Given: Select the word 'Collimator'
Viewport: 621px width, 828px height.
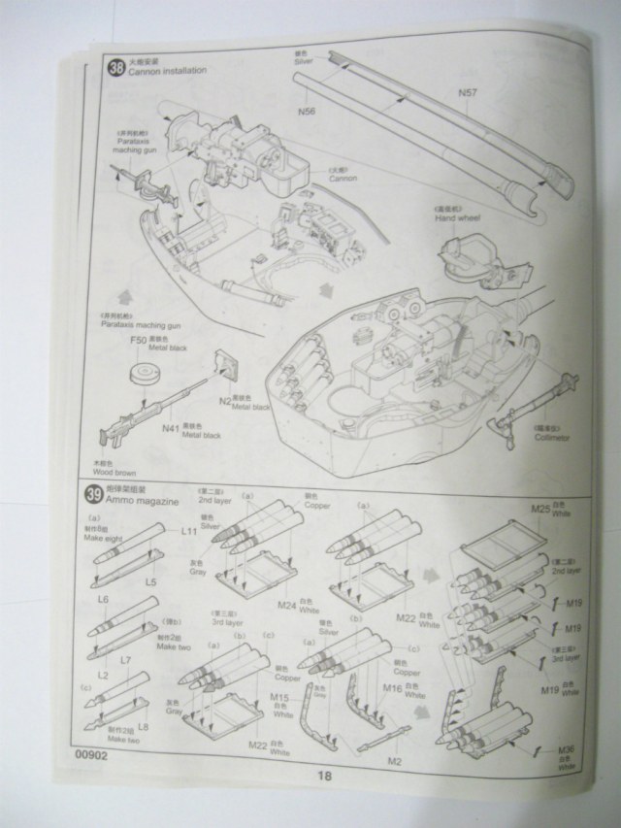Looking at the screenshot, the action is click(x=553, y=437).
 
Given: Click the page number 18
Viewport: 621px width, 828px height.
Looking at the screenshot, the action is click(x=324, y=776).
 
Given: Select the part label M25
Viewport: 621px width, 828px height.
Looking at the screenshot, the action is click(x=539, y=509).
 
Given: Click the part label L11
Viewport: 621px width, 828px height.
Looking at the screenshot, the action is click(x=188, y=532).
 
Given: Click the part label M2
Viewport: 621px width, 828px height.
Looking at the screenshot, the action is click(x=394, y=760).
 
